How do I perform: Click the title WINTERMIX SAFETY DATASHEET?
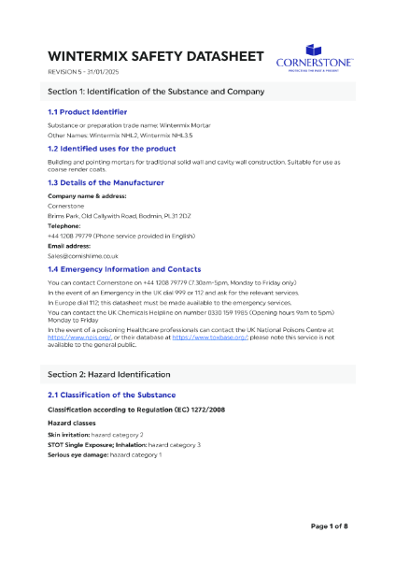point(155,55)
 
